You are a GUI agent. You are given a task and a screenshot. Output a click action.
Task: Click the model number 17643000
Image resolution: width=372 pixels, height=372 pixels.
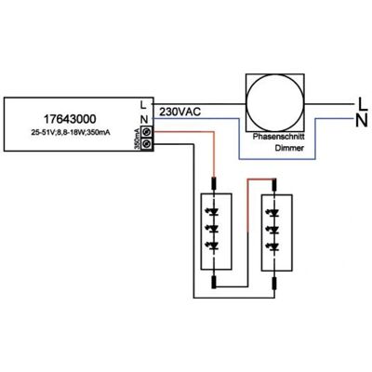(x=70, y=119)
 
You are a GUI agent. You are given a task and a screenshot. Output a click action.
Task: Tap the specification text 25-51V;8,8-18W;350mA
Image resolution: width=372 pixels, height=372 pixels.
(x=71, y=132)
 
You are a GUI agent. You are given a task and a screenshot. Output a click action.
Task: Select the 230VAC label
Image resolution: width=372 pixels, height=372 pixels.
(x=179, y=112)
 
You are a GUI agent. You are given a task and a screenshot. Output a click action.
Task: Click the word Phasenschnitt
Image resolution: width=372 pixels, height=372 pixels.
(x=279, y=137)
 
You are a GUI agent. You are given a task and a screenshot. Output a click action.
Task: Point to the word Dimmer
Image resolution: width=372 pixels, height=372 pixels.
(x=289, y=148)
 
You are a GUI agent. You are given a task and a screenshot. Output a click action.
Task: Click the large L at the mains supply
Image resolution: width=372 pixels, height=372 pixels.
(x=362, y=104)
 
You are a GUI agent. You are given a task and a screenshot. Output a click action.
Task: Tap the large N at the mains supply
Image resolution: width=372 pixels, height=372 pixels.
(x=362, y=120)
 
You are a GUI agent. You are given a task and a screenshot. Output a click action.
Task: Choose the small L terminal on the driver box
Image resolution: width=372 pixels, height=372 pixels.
(x=143, y=105)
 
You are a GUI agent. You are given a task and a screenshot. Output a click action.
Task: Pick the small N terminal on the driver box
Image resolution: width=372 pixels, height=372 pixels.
(x=144, y=119)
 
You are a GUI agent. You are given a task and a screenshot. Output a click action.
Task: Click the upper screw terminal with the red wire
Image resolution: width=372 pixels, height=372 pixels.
(x=147, y=132)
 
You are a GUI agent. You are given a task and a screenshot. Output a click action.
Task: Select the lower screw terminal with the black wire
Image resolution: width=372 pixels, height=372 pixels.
(x=147, y=144)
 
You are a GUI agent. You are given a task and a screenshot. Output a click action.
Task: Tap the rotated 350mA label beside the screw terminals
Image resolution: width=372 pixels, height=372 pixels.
(x=137, y=139)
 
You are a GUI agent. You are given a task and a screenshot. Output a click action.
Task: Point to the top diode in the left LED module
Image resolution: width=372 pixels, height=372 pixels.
(x=213, y=213)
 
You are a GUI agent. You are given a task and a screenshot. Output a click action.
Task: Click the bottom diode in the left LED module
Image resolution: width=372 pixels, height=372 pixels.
(x=213, y=246)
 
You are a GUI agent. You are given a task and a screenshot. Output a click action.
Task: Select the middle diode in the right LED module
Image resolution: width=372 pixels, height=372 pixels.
(x=273, y=230)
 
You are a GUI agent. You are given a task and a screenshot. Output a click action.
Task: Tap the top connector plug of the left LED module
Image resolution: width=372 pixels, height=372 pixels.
(x=214, y=183)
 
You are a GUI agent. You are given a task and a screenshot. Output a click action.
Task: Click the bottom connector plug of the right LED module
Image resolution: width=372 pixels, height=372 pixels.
(x=274, y=284)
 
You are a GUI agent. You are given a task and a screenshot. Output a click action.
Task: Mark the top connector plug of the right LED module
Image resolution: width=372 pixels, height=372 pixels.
(x=274, y=184)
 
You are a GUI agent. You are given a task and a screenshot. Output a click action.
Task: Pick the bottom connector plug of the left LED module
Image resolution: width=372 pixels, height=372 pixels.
(x=214, y=282)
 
